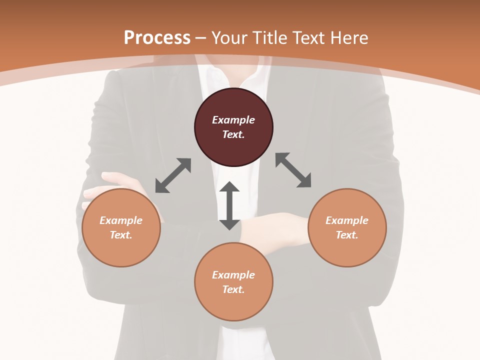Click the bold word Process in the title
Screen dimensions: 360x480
[157, 38]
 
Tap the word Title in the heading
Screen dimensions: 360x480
[270, 38]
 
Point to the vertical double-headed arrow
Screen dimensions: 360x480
[229, 205]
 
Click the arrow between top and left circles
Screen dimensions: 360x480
[173, 175]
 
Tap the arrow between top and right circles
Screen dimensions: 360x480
[293, 170]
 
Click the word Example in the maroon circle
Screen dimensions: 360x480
[233, 120]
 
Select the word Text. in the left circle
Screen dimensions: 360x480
[121, 235]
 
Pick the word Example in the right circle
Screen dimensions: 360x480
[347, 220]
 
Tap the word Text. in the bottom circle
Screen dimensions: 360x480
[233, 289]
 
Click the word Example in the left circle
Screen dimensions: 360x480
[121, 220]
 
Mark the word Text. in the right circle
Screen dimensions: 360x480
[347, 235]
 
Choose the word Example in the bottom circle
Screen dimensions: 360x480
[233, 275]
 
